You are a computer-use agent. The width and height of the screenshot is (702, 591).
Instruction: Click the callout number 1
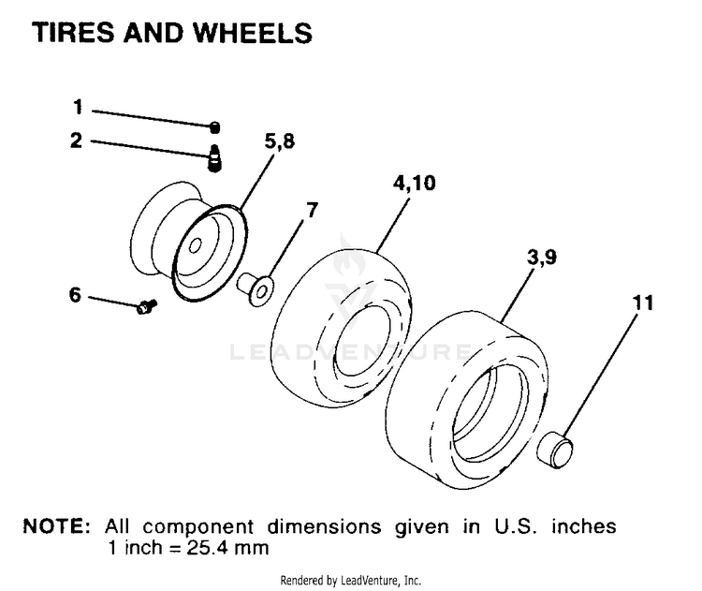(x=78, y=107)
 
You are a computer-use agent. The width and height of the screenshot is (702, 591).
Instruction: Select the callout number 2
(x=77, y=140)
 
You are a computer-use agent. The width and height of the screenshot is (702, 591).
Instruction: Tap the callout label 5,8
(x=279, y=141)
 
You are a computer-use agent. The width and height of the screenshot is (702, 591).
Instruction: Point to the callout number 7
(x=312, y=210)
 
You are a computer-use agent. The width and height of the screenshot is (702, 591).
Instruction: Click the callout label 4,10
(x=414, y=183)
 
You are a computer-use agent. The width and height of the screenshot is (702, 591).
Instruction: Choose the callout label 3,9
(x=542, y=258)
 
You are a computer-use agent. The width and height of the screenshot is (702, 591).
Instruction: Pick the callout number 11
(x=643, y=303)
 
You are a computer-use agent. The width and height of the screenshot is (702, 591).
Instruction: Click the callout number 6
(x=75, y=295)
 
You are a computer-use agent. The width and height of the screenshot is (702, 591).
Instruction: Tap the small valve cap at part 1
(x=215, y=127)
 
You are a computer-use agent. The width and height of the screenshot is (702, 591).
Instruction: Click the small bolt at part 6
(x=146, y=306)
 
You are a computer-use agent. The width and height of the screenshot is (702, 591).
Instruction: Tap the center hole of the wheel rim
(x=196, y=245)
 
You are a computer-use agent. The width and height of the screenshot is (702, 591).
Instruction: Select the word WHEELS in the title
(x=253, y=33)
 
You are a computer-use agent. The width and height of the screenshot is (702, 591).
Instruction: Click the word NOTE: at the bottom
(x=57, y=526)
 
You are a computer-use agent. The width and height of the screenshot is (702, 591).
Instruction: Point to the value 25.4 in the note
(x=206, y=548)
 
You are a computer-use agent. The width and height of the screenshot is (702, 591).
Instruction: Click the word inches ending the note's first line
(x=584, y=526)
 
